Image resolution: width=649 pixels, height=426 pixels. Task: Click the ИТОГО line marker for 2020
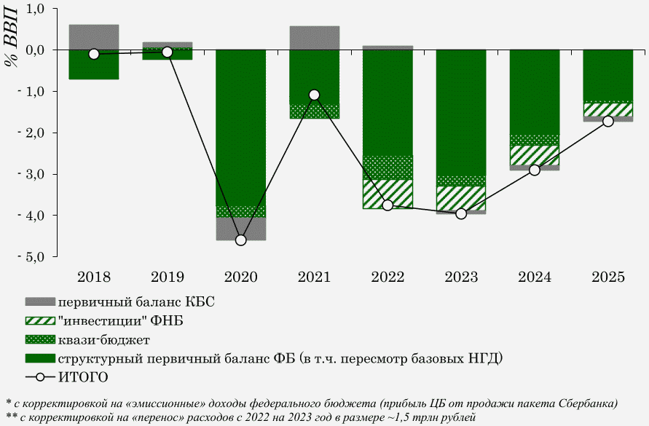(241, 240)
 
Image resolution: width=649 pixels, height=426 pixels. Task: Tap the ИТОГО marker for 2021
(314, 95)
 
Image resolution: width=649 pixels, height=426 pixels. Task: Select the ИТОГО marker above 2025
(608, 121)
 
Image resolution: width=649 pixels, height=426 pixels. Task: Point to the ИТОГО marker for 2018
(94, 54)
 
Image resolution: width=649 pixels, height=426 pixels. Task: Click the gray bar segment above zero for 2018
(94, 37)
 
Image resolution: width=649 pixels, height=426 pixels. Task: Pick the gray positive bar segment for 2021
(314, 38)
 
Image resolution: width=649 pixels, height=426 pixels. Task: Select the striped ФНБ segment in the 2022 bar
(388, 194)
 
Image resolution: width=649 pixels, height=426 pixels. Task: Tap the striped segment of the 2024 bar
(535, 155)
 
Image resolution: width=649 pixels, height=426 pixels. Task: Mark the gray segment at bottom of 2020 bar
(241, 229)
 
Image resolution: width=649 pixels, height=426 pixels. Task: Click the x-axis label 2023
(461, 277)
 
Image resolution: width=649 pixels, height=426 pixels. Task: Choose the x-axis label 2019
(168, 277)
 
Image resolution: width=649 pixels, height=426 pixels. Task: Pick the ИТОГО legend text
(84, 377)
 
